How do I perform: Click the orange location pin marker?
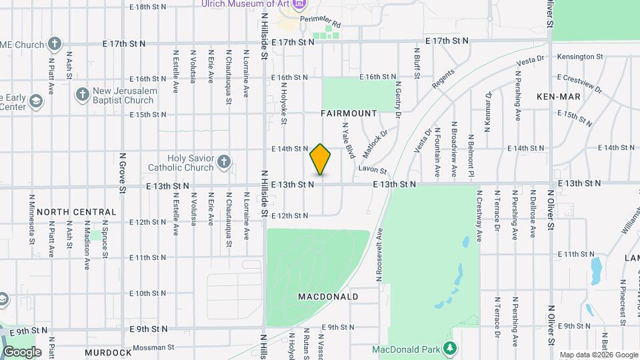(x=321, y=159)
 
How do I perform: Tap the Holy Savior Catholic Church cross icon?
(x=224, y=162)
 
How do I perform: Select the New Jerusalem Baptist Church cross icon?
(x=83, y=94)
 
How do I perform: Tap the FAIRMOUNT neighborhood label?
(x=349, y=113)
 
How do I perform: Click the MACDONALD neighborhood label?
(x=328, y=296)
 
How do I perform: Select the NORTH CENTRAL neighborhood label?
(x=77, y=212)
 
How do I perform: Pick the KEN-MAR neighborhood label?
(x=559, y=97)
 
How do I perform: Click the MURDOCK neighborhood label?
(x=108, y=352)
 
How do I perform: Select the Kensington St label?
(x=579, y=57)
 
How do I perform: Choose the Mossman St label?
(x=153, y=347)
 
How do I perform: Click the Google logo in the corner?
(x=22, y=351)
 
